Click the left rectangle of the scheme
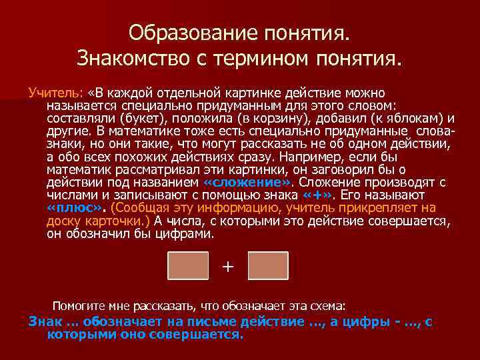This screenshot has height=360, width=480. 188,265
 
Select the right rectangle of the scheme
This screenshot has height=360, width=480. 268,265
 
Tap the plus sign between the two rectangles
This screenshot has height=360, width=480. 228,267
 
